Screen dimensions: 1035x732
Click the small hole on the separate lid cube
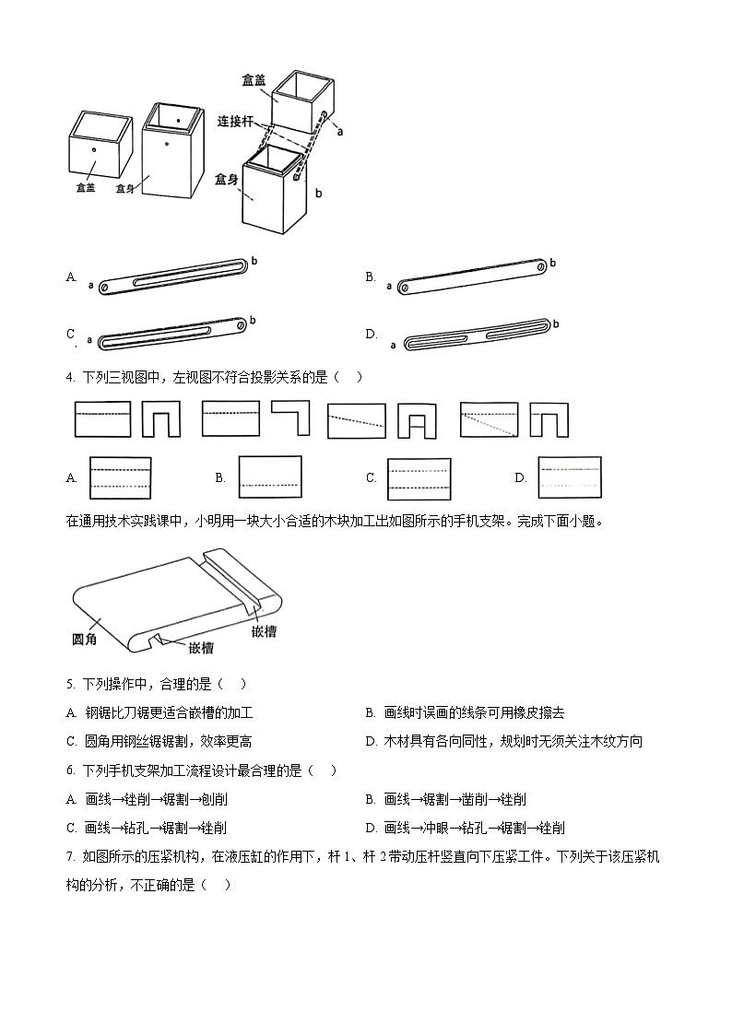pos(93,147)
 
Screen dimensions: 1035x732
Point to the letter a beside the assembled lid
pos(340,132)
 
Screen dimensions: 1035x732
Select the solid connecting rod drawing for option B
pos(470,276)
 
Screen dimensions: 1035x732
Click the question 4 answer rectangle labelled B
pos(270,477)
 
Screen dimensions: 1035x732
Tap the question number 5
pos(70,684)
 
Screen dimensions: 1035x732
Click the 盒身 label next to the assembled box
pos(226,179)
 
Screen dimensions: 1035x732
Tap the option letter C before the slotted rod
pos(71,334)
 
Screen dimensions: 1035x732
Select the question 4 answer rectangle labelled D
pos(569,477)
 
